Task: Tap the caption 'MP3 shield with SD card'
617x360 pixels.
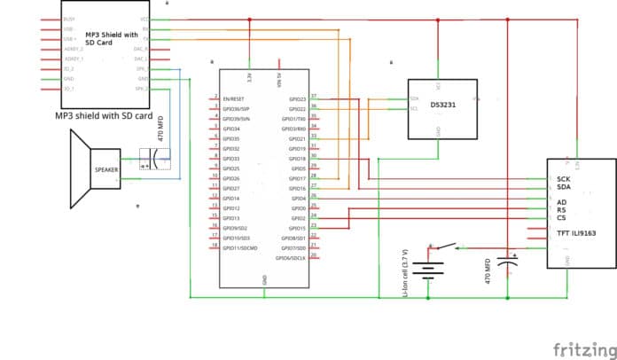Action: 104,116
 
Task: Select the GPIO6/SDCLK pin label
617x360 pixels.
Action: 293,258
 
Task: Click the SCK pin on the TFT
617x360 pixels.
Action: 563,179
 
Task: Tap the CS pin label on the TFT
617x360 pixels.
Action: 561,217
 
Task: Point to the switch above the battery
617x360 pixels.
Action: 446,247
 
